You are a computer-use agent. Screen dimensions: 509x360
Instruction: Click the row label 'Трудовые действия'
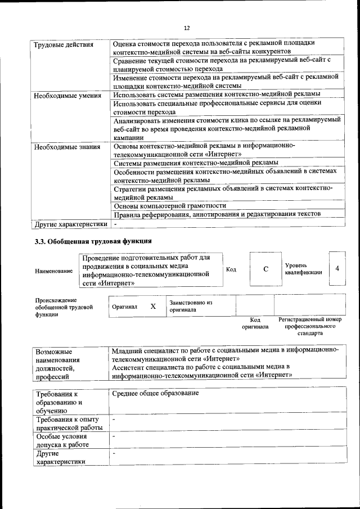63,44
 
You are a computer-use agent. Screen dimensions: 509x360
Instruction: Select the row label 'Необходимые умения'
67,95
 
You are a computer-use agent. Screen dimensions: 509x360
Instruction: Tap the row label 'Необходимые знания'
66,147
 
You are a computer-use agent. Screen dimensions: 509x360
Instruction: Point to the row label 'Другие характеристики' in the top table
70,223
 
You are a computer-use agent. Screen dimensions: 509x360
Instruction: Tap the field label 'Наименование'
53,271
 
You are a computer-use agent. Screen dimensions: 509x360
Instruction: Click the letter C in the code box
265,269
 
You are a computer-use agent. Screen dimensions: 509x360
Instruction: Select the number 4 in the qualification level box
337,268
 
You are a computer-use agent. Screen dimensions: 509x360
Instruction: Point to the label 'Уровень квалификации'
303,268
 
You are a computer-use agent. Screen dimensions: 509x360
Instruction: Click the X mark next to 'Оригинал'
152,307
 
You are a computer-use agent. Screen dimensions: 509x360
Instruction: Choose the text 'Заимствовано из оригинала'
191,306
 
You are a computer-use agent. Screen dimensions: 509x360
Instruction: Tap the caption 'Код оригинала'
255,323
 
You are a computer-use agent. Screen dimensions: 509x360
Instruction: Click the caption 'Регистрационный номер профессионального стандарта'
310,326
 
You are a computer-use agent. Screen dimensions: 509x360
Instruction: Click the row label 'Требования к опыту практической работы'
67,424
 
